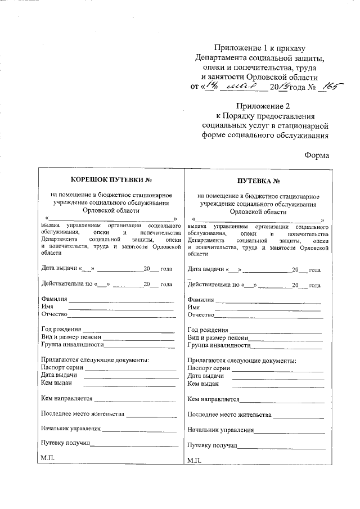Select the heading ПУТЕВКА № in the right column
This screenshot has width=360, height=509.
click(258, 181)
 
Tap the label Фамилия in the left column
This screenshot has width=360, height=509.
click(54, 299)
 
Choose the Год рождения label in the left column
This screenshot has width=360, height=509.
click(61, 329)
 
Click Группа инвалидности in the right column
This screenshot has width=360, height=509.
click(218, 345)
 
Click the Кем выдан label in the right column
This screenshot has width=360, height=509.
click(201, 384)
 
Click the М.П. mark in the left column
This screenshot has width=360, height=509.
click(47, 459)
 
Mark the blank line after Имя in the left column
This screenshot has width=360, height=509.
click(120, 308)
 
